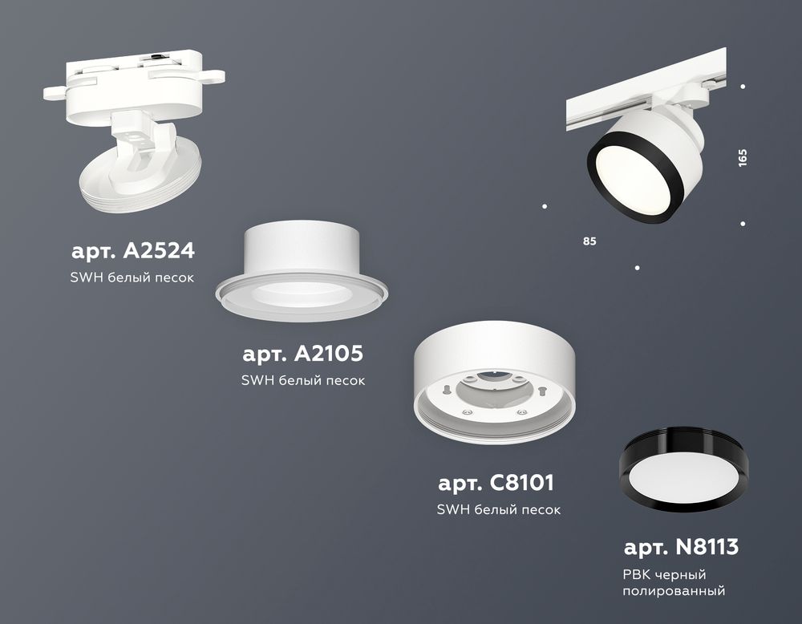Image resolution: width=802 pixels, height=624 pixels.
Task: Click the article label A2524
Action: click(x=133, y=251)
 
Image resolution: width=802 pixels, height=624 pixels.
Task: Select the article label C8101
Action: click(x=496, y=484)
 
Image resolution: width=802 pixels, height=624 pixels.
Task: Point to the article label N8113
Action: click(x=681, y=548)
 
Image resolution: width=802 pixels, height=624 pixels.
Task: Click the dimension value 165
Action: click(x=743, y=156)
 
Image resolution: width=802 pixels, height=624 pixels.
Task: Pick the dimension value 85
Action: click(x=590, y=241)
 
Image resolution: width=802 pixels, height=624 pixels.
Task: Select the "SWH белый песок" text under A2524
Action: click(x=133, y=277)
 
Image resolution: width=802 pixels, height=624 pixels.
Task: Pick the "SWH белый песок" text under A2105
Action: click(x=303, y=380)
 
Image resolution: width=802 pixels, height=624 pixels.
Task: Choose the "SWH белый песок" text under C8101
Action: click(x=498, y=509)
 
